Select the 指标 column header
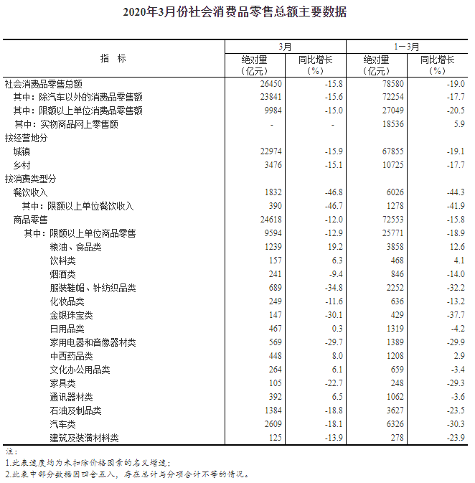tap(113, 58)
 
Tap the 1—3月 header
tap(408, 46)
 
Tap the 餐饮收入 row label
tap(31, 192)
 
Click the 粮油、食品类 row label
tap(75, 247)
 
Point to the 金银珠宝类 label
tap(71, 315)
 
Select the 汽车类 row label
tap(62, 424)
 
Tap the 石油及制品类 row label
tap(75, 411)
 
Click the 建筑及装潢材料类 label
tap(84, 438)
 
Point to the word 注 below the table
tap(9, 452)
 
